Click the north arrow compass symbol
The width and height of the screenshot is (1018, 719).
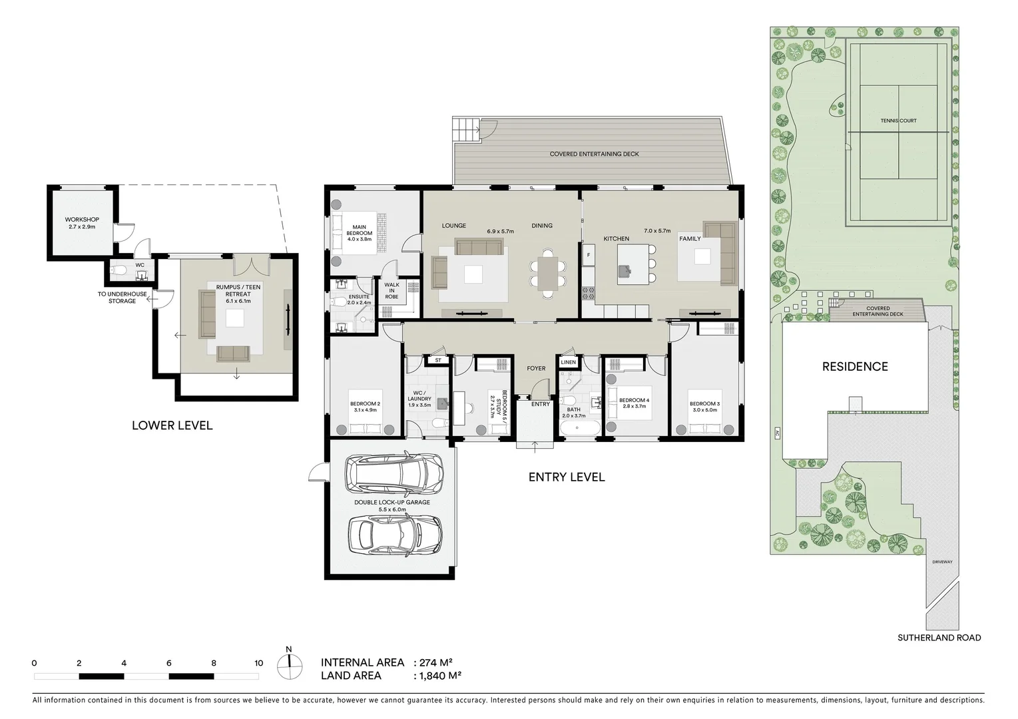[288, 662]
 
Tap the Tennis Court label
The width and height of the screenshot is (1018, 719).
[898, 121]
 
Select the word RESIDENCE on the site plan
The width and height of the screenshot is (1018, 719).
[854, 367]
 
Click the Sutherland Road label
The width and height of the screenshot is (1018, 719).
[939, 638]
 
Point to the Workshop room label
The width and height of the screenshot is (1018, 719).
[82, 223]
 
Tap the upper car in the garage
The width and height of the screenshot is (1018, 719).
[393, 473]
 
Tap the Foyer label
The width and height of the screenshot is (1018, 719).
[536, 368]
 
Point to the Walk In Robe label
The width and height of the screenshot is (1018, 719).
[391, 291]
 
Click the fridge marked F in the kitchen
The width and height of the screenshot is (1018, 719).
[589, 254]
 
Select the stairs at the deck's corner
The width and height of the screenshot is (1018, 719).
[466, 129]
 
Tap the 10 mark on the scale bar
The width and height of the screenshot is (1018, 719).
[258, 663]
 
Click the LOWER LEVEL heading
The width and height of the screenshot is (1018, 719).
[172, 425]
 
